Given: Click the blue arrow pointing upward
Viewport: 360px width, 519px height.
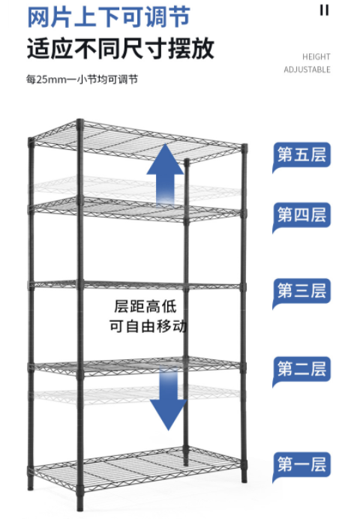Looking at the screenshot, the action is click(x=165, y=174).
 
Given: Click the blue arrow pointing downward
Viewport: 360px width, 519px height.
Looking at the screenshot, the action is click(x=169, y=399).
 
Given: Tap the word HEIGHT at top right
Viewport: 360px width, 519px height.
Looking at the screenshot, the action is click(x=316, y=57).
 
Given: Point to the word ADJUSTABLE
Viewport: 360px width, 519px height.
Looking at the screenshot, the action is click(x=307, y=70).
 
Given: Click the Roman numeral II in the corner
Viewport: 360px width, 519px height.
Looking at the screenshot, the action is click(x=324, y=10).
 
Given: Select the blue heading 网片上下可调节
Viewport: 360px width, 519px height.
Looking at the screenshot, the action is click(x=109, y=17).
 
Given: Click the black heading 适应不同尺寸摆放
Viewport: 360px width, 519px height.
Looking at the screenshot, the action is click(x=121, y=49).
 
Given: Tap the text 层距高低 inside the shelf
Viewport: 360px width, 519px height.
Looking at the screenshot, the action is click(x=145, y=306).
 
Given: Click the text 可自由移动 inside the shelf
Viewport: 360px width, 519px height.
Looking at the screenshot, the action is click(x=148, y=326).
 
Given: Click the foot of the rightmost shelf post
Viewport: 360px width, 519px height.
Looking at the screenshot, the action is click(x=244, y=478).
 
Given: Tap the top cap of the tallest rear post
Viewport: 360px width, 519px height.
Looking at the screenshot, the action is click(x=79, y=121).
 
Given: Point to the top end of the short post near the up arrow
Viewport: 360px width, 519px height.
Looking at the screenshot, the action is click(x=187, y=160).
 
